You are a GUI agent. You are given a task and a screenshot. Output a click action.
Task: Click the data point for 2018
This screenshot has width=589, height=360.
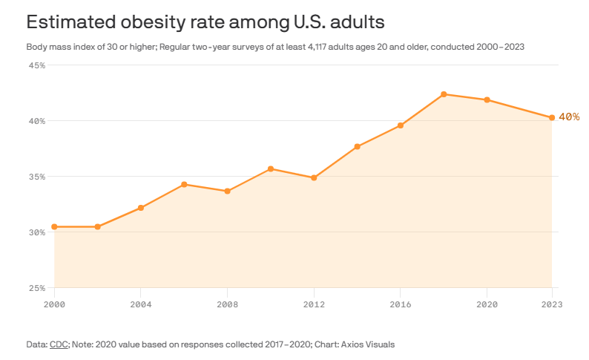coord(444,94)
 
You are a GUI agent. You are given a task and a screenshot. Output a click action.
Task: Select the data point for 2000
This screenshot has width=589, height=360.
coord(54,226)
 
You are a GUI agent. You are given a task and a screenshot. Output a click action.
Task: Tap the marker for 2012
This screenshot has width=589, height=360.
coord(314,177)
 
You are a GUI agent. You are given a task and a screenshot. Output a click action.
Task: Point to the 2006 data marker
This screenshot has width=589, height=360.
coord(184,184)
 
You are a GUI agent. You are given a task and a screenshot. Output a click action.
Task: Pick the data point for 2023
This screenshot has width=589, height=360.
coord(552,117)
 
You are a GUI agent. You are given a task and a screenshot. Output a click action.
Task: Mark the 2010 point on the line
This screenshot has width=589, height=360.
coord(271,168)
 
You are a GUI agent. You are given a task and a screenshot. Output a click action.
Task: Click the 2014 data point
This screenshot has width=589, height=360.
coord(357,146)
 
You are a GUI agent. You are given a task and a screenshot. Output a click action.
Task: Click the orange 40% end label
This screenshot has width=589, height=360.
coord(569,117)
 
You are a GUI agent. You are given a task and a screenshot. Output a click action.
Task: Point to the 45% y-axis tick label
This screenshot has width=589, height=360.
coord(37,65)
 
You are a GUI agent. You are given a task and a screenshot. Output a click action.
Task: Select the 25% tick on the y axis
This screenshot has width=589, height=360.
coord(37,288)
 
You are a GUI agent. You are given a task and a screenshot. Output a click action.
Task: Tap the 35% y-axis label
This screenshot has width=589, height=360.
coord(37,177)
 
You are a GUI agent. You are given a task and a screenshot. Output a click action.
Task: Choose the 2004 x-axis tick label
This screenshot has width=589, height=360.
coord(141,304)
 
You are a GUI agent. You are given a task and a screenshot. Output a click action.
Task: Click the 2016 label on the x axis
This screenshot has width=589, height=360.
coord(401,304)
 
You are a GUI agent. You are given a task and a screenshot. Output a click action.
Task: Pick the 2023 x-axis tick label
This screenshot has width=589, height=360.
coord(552,304)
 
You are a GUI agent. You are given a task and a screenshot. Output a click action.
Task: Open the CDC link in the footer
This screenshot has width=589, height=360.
coord(59,344)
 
